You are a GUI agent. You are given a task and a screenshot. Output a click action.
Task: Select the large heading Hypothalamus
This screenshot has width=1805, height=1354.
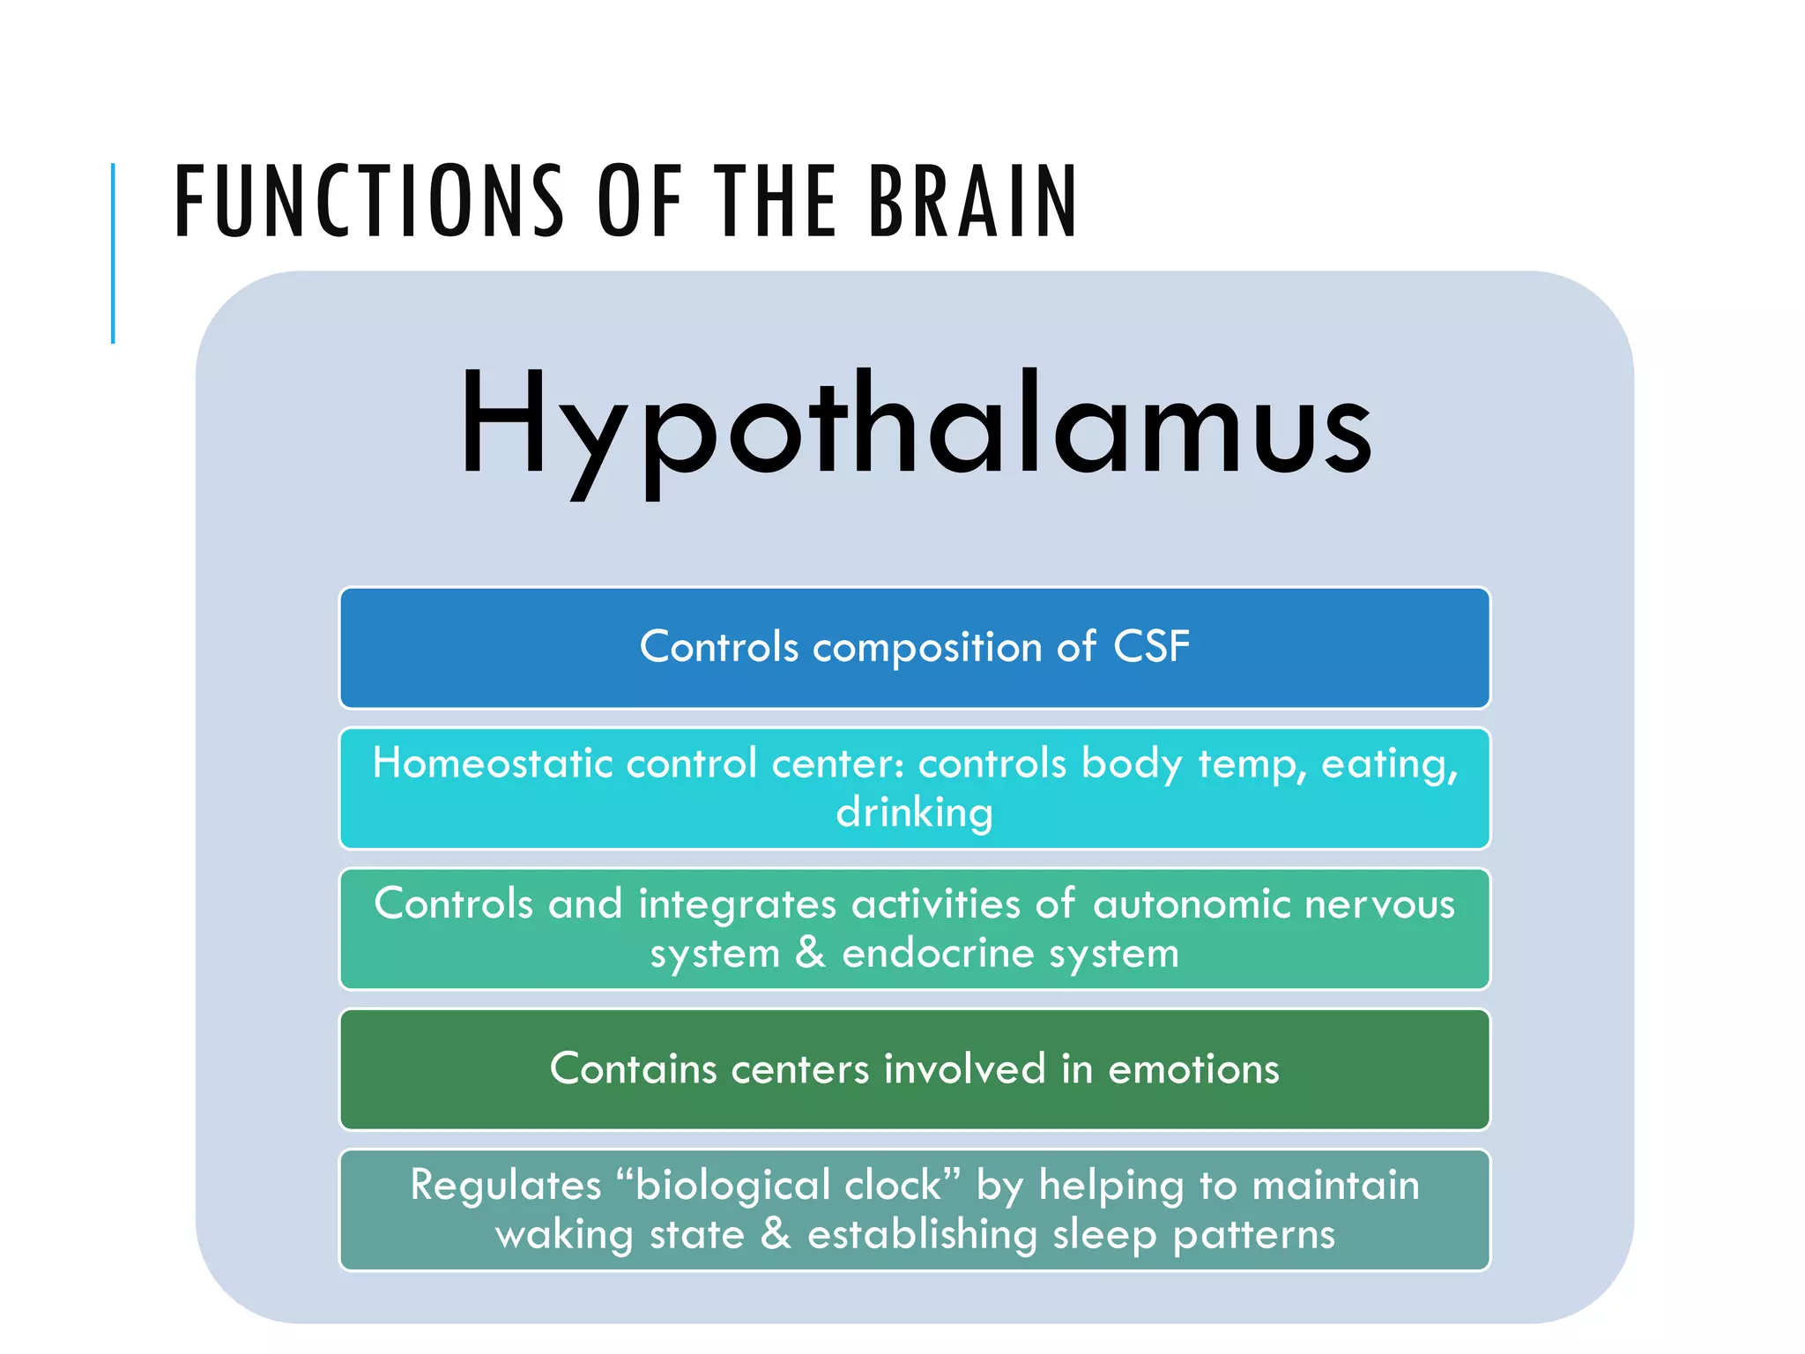coord(914,428)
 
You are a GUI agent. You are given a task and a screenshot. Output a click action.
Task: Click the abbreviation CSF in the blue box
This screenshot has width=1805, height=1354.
coord(1151,646)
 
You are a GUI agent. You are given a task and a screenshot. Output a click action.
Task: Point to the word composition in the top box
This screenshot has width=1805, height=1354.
coord(927,648)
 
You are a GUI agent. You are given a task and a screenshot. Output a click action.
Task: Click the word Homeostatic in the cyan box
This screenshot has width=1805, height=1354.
coord(492,763)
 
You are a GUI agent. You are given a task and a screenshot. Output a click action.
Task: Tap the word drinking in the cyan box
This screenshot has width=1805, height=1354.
coord(914,813)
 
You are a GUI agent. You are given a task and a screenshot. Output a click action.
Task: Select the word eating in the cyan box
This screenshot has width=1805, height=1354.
coord(1388,764)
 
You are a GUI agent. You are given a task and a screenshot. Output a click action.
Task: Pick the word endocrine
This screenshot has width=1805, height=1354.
coord(937,954)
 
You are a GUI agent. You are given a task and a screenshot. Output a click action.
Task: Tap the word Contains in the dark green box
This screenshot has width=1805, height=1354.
coord(633,1069)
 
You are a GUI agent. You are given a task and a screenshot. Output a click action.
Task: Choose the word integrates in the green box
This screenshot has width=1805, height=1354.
coord(737,904)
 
